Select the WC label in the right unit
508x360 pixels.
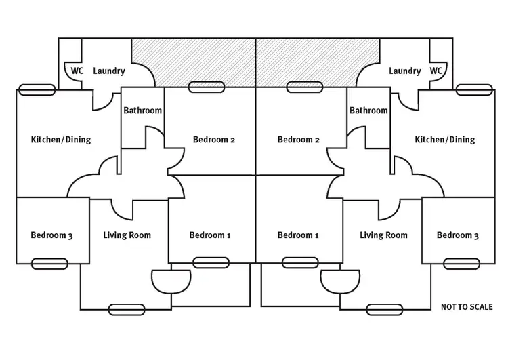436,71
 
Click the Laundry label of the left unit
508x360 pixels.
108,71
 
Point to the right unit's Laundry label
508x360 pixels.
405,71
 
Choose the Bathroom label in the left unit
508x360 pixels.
142,111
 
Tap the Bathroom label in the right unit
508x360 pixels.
368,111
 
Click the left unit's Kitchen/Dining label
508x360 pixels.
61,140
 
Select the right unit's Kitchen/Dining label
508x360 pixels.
445,140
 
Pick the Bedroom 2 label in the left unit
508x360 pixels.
214,140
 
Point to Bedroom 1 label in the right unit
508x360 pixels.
298,235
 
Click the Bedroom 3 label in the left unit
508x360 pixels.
51,235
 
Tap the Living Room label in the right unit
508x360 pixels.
383,235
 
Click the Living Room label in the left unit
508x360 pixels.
127,235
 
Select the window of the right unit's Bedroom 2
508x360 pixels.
303,87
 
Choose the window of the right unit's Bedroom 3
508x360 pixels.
463,262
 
